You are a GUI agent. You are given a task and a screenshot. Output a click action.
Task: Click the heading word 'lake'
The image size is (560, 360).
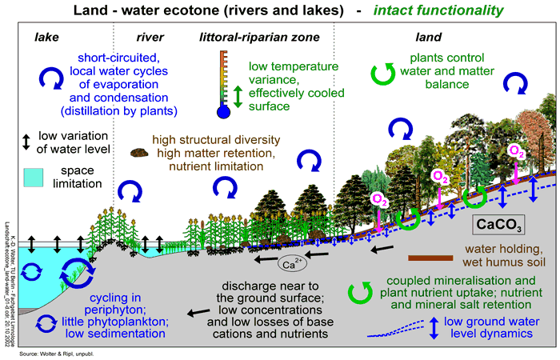pos(46,37)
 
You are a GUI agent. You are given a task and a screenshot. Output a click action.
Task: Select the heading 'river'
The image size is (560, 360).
pos(151,37)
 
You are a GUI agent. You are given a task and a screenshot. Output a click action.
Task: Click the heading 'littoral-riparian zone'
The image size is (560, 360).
pos(259,37)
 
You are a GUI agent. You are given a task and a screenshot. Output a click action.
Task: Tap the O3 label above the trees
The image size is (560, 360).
pos(517,150)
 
